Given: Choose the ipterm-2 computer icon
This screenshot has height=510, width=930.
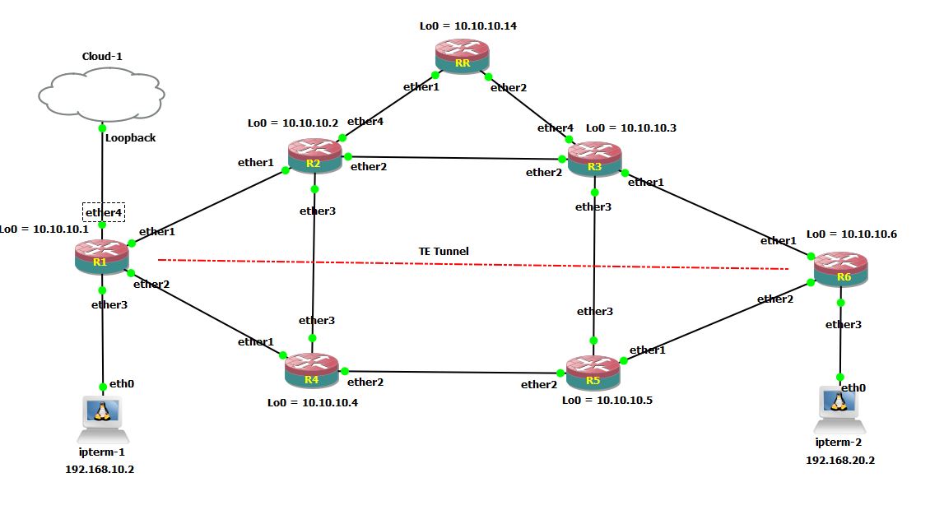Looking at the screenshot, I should click(839, 408).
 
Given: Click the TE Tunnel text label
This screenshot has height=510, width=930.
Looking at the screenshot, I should click(444, 251).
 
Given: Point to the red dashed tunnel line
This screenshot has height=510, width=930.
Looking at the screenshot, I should click(473, 264).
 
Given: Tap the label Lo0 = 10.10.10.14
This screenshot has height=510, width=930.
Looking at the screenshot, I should click(468, 26).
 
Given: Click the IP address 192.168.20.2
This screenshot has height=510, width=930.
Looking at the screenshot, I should click(839, 461).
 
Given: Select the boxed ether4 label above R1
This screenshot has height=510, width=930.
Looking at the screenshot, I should click(103, 212).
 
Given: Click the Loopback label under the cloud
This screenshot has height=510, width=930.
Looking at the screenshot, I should click(130, 138).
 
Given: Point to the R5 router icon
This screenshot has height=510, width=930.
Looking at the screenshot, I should click(593, 372).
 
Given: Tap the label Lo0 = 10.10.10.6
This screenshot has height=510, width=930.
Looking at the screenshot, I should click(852, 234).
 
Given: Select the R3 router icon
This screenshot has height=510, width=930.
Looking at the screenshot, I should click(594, 157).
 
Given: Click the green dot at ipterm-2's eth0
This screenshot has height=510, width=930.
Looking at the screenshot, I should click(840, 377).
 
